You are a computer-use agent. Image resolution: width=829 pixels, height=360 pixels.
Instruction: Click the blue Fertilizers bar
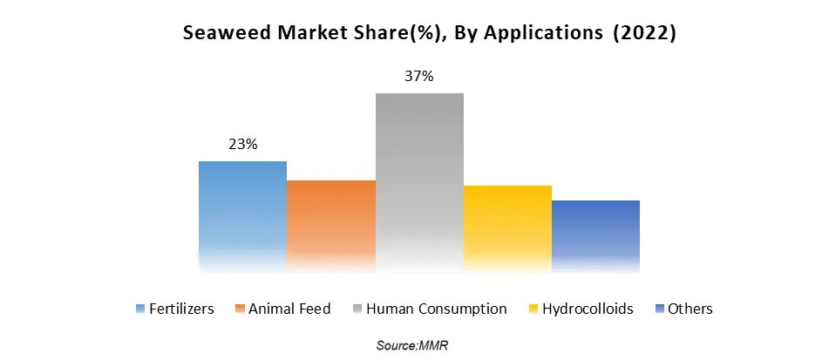click(x=242, y=214)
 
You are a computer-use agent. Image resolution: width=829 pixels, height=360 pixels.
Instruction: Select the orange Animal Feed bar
click(x=331, y=223)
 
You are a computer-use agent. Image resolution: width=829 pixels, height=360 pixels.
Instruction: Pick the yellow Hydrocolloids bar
click(x=507, y=226)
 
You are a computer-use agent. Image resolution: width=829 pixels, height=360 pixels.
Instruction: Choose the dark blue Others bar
click(x=595, y=233)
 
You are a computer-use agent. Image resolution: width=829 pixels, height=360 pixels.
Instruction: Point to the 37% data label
click(x=419, y=77)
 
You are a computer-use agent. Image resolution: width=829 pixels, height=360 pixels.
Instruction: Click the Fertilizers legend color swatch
click(x=140, y=309)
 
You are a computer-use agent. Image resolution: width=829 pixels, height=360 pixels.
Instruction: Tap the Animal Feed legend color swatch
click(x=240, y=309)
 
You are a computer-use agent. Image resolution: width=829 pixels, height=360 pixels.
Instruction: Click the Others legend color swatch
click(x=660, y=309)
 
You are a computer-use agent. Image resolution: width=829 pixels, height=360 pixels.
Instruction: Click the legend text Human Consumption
click(x=437, y=309)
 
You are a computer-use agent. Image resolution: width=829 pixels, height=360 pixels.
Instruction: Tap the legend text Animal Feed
click(x=290, y=309)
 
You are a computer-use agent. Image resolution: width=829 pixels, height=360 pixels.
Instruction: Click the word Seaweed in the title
click(x=221, y=34)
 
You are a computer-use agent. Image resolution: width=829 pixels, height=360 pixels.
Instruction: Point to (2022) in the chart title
click(x=645, y=34)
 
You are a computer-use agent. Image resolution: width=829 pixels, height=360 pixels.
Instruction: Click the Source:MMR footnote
click(x=412, y=346)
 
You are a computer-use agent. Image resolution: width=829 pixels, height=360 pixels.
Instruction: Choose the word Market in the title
click(x=297, y=34)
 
